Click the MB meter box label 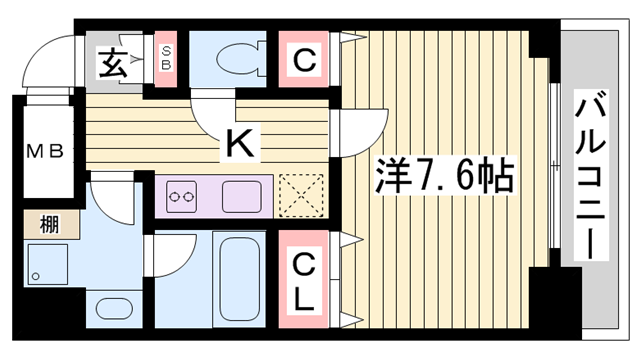point(45,152)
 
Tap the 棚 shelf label point(48,222)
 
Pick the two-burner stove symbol point(182,197)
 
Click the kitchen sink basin point(241,195)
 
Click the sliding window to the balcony point(552,175)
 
